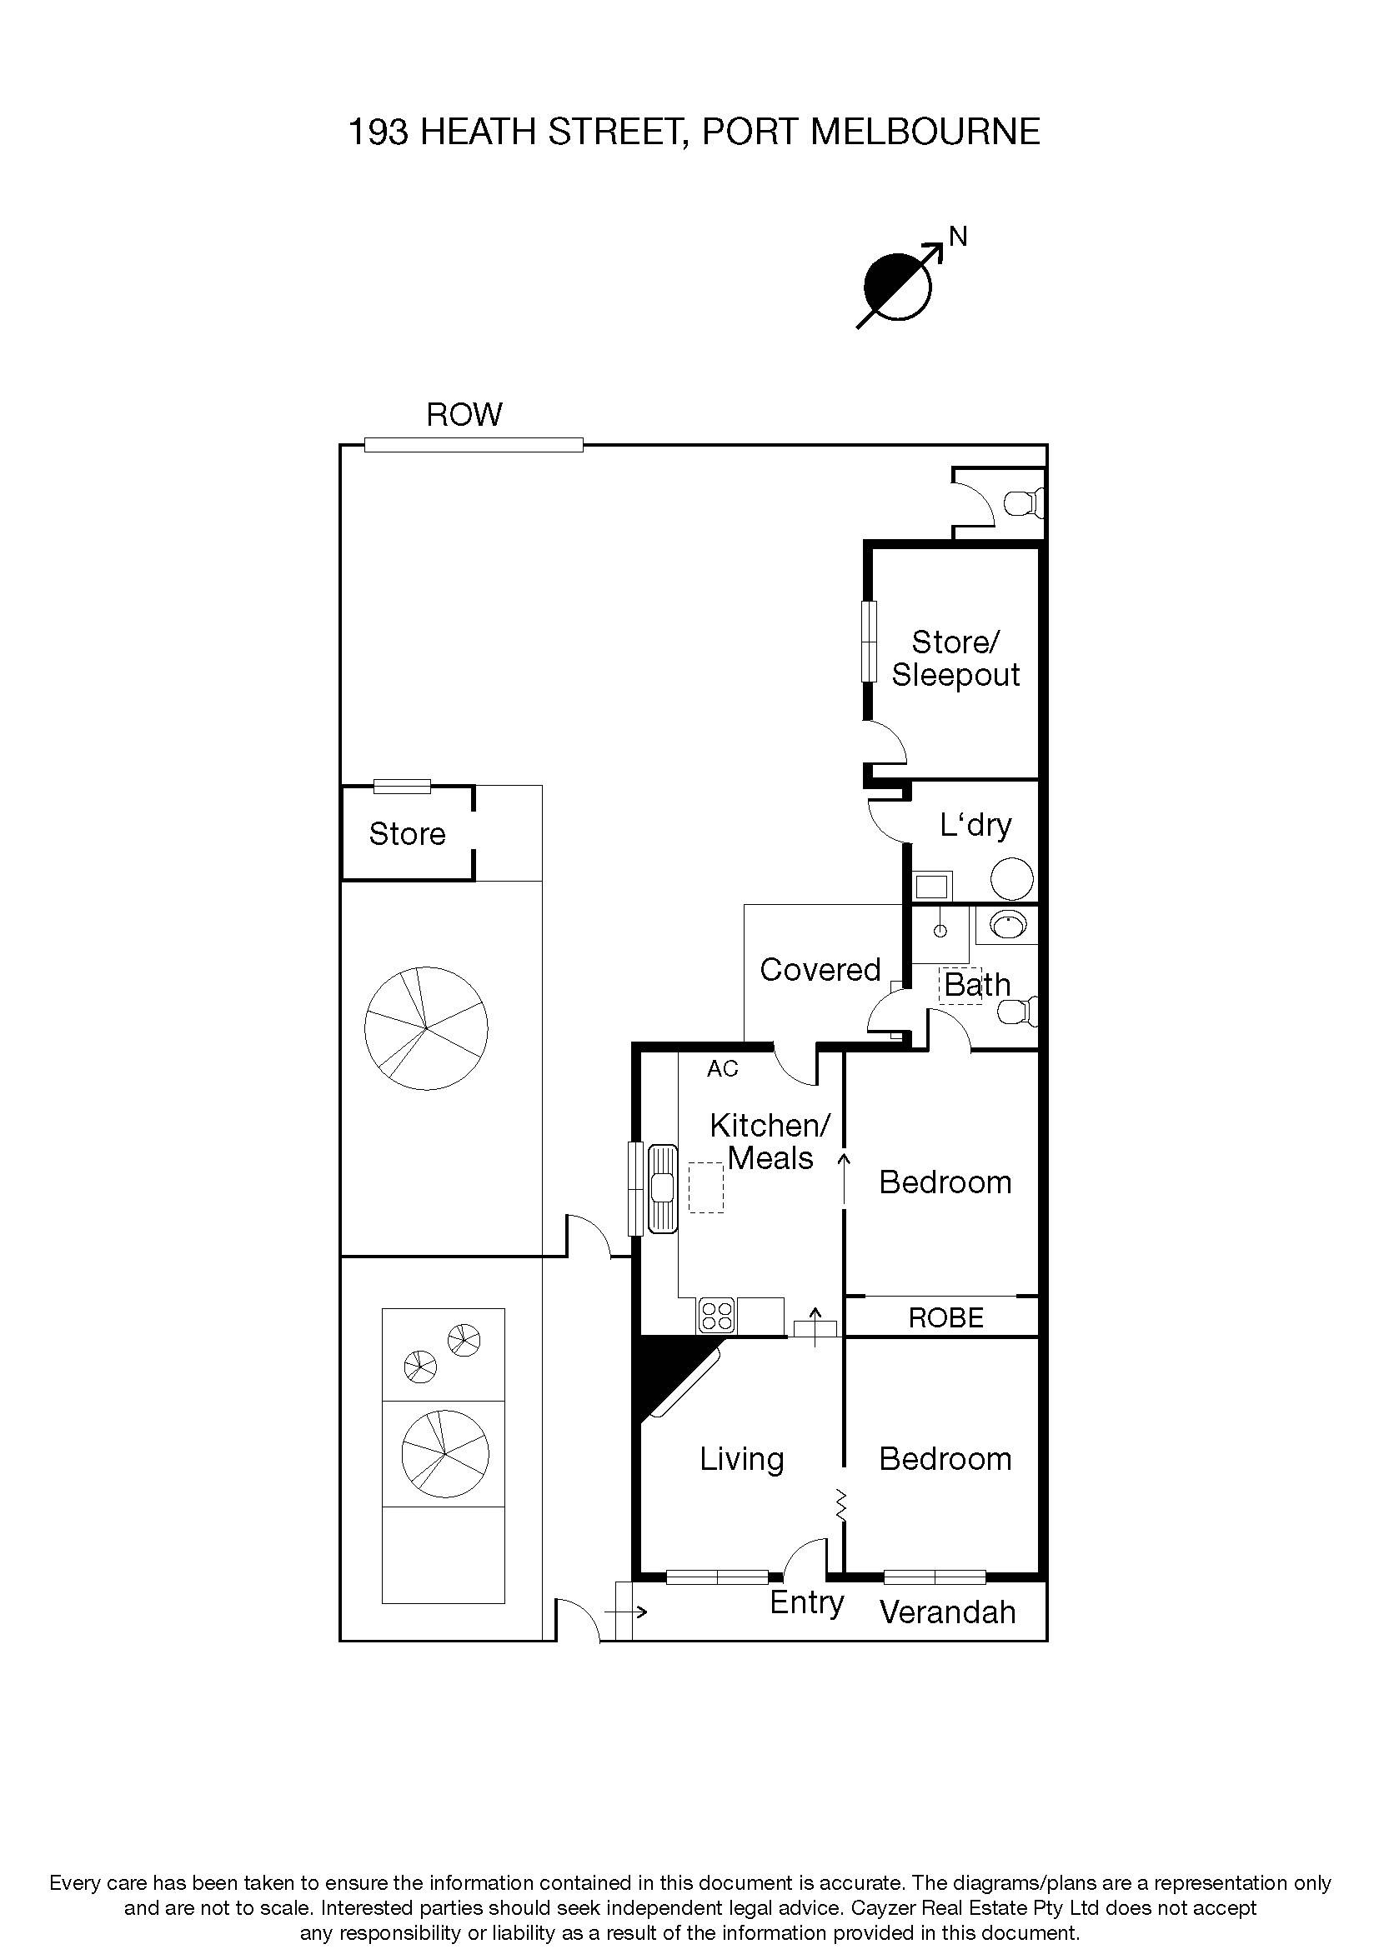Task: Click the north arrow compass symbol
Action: [899, 286]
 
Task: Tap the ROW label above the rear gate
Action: [464, 415]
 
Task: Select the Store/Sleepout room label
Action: [955, 658]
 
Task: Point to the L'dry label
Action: [975, 825]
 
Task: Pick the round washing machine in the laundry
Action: [1011, 878]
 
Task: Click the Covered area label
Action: [820, 969]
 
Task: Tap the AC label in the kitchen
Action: [723, 1069]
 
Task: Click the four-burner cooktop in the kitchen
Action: [717, 1316]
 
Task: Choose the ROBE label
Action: [946, 1317]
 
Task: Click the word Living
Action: [741, 1459]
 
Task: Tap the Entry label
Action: [806, 1602]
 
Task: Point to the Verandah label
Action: [947, 1612]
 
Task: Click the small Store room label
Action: [407, 834]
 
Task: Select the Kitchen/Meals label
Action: [770, 1142]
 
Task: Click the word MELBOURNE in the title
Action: [925, 132]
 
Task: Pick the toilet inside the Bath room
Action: [1017, 1011]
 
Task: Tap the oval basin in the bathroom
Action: [1008, 924]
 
